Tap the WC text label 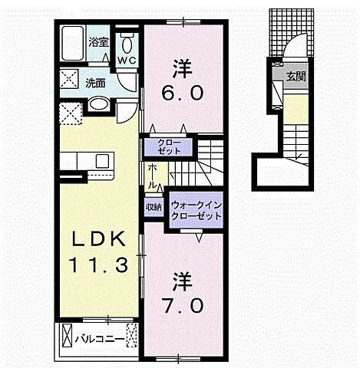(x=127, y=59)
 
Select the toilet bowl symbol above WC (x=127, y=38)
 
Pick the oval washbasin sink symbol (x=98, y=105)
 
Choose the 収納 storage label (x=154, y=207)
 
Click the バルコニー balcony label (x=100, y=337)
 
